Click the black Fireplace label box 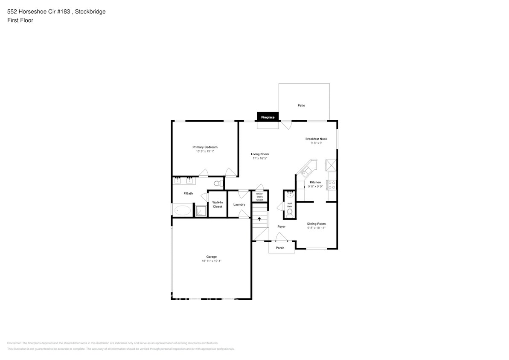click(268, 117)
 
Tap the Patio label click(301, 105)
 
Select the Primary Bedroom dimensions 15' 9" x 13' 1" click(205, 151)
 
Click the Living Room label click(259, 154)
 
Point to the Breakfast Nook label click(316, 139)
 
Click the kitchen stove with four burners click(332, 185)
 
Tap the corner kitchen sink click(305, 171)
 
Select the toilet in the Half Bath click(290, 212)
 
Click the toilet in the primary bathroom click(217, 184)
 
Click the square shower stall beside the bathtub click(200, 211)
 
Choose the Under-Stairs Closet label click(259, 197)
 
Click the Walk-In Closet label click(217, 204)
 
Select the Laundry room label click(239, 204)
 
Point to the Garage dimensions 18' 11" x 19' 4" click(211, 261)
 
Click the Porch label click(280, 248)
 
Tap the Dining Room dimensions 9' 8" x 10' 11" click(316, 228)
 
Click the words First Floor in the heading click(20, 20)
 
